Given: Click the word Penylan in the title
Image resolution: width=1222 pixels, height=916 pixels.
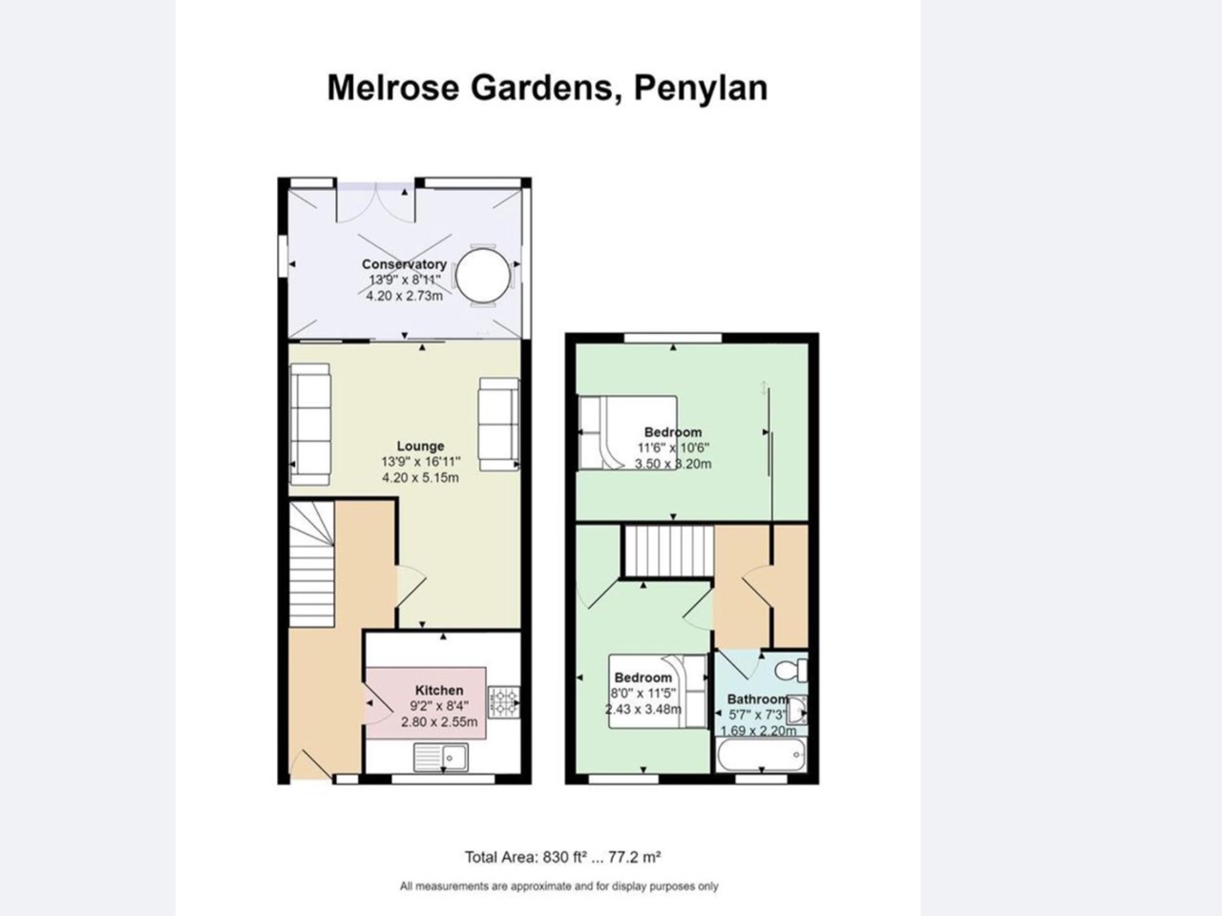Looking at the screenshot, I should point(701,88).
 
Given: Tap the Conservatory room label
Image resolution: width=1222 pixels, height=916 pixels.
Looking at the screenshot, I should point(404,264).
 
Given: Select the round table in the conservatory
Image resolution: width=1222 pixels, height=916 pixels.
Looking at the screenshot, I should point(483,276).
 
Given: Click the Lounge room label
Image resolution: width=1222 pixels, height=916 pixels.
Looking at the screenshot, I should point(420,446).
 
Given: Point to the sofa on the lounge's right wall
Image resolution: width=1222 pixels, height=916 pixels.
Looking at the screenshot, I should point(498,424).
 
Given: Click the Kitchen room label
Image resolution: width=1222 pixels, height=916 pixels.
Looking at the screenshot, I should point(439,690).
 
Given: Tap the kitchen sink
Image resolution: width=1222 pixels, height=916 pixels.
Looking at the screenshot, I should point(440,758).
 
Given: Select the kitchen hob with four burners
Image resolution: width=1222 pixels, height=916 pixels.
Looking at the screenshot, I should point(503,702).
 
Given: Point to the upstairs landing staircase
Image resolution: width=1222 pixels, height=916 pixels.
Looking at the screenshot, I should point(668,552).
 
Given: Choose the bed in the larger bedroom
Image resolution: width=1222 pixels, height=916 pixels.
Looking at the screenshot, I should point(626,433).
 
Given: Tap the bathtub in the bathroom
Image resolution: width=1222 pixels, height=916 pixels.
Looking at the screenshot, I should point(760,757).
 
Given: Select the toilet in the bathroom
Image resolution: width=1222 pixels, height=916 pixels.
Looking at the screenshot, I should point(791,669).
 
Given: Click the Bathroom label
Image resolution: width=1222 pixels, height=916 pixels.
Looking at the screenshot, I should point(757,698).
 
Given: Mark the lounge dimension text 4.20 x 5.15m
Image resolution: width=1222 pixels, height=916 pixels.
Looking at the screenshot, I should point(420,477).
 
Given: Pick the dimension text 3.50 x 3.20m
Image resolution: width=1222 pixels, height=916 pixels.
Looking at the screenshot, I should point(673,464).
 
